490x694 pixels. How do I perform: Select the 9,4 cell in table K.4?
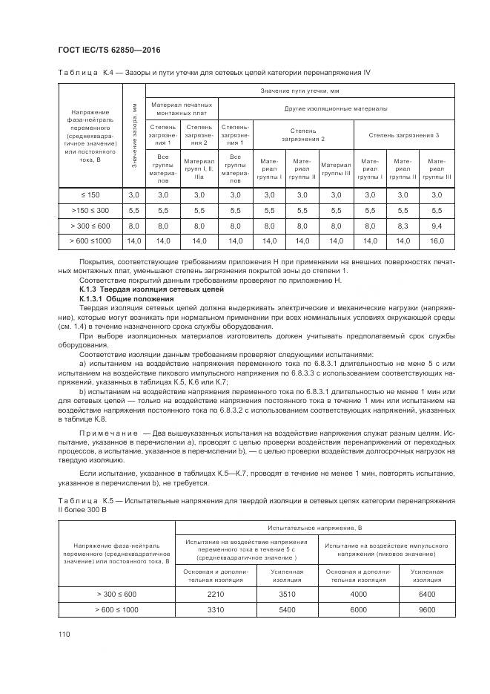[x=437, y=226]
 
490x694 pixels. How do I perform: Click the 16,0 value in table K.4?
[x=437, y=241]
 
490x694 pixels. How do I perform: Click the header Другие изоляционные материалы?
[x=336, y=108]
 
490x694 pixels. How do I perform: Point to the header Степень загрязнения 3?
[x=404, y=134]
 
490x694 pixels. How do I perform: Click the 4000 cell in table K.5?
[x=358, y=594]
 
